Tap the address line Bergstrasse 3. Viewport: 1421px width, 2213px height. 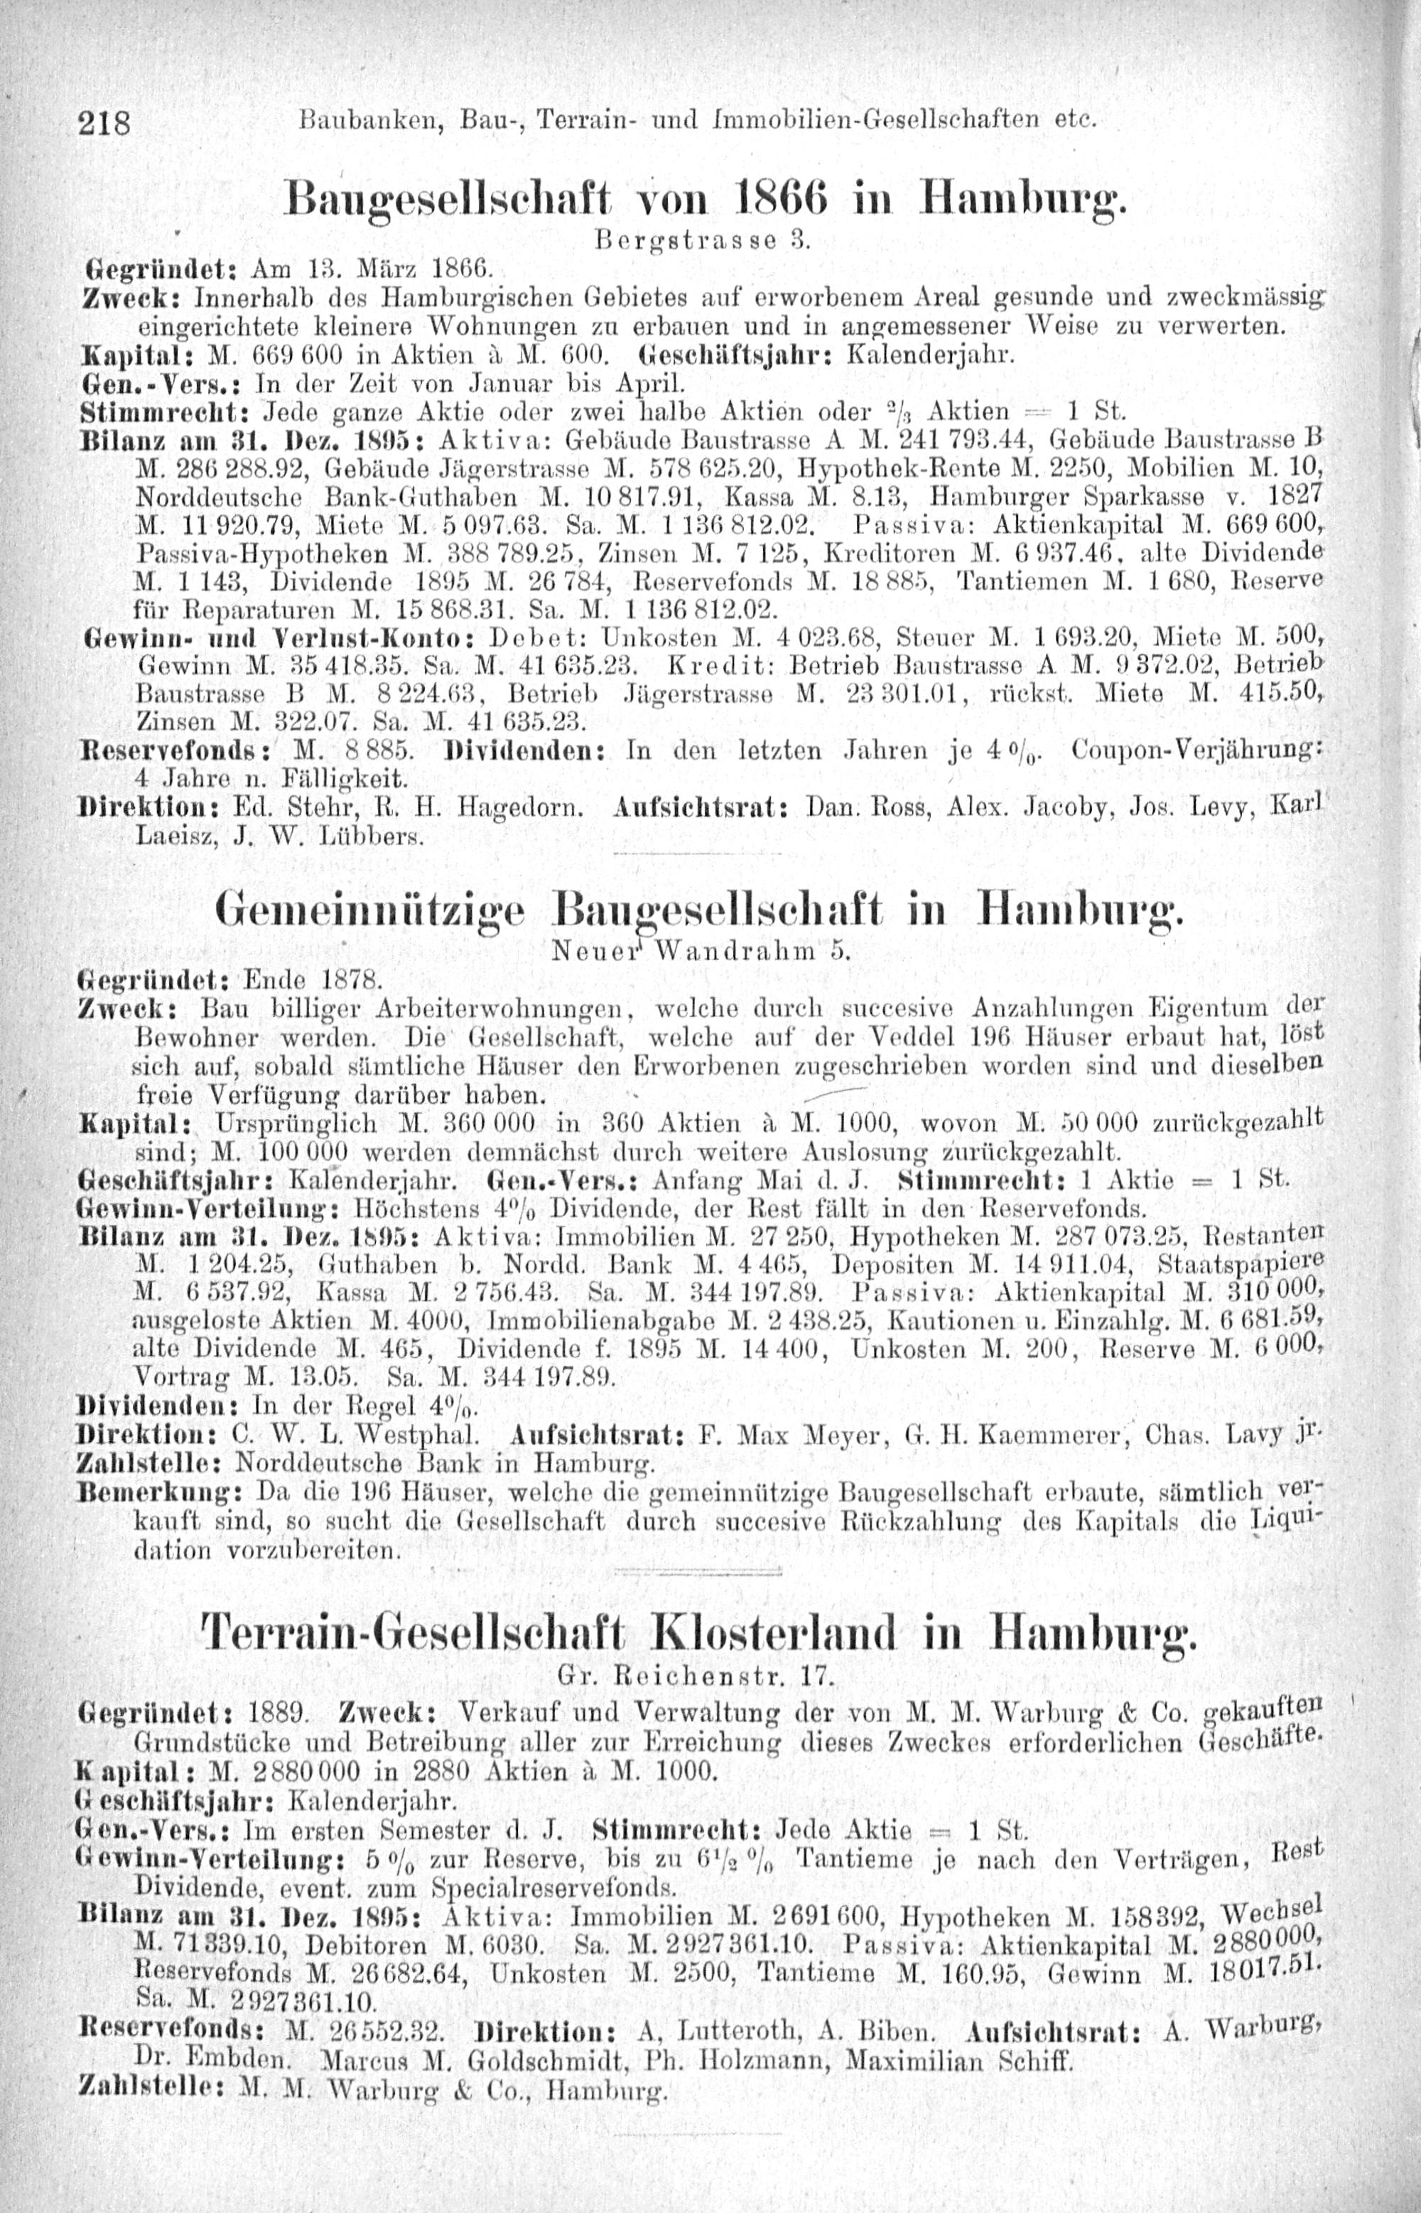702,243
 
